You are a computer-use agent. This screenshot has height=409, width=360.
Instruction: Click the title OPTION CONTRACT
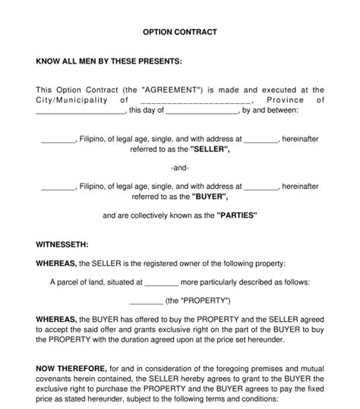point(180,33)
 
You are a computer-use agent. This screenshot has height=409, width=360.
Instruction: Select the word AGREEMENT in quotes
point(169,90)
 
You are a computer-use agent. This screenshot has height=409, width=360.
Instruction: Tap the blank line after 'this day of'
point(202,110)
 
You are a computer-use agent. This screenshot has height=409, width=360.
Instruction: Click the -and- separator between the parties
point(180,168)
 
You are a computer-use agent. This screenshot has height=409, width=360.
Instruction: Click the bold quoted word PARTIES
point(238,216)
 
